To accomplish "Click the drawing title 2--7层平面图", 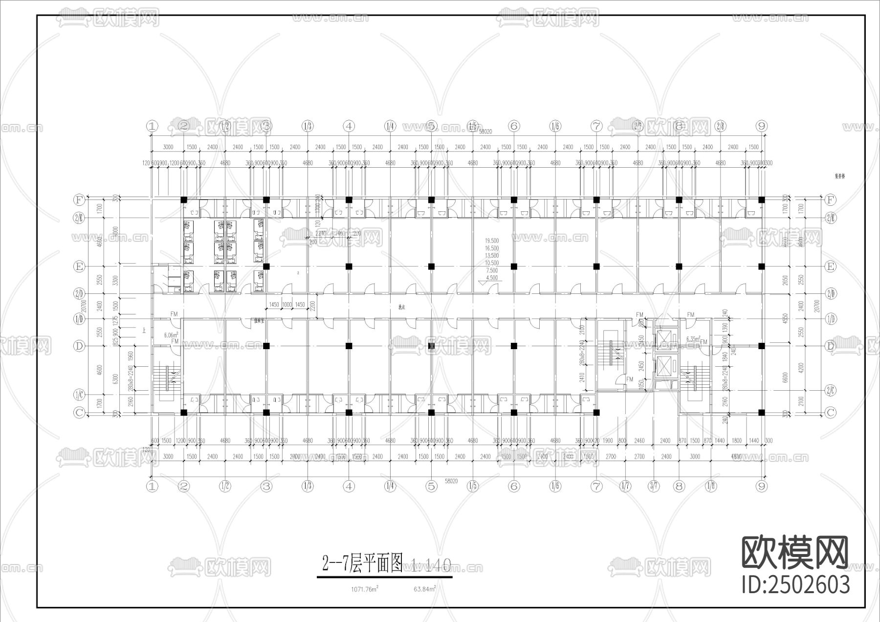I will [362, 564].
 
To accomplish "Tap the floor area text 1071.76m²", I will [365, 589].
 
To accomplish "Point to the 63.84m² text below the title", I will [424, 589].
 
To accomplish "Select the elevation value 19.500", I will [492, 241].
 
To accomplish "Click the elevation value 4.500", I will [492, 278].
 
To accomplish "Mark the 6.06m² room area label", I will [171, 335].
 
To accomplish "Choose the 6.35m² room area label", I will [693, 338].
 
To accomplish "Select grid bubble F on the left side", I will [79, 200].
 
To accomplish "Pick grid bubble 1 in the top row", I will [153, 126].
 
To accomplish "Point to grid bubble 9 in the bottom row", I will [761, 486].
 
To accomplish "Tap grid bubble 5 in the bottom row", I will [431, 486].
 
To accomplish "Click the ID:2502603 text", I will [796, 585].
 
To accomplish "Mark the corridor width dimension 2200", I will [313, 306].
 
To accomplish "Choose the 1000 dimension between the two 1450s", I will [287, 305].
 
